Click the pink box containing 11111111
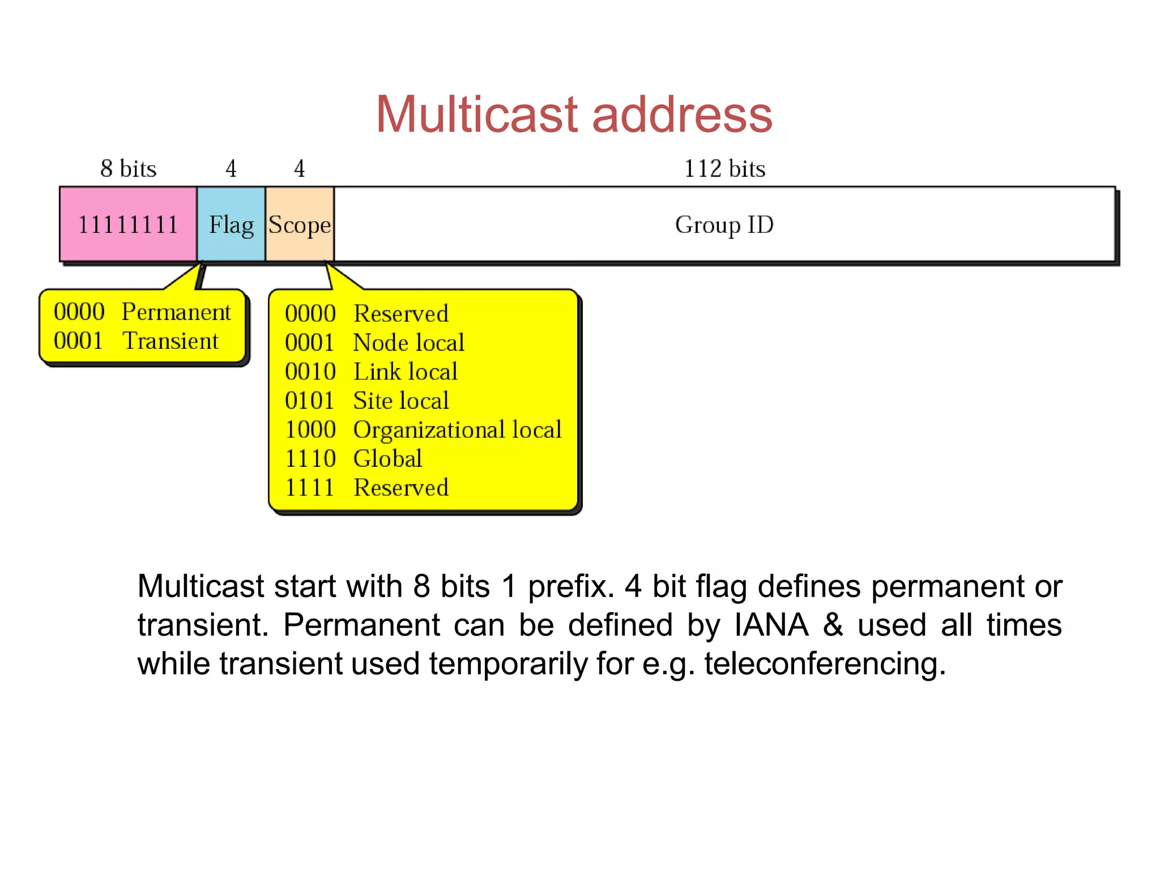pyautogui.click(x=128, y=224)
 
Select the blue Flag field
pyautogui.click(x=231, y=224)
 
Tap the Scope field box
pyautogui.click(x=300, y=224)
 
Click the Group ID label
pyautogui.click(x=724, y=225)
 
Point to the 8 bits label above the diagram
pyautogui.click(x=128, y=169)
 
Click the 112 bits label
pyautogui.click(x=724, y=169)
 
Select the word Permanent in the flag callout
pyautogui.click(x=176, y=312)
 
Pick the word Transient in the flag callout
pyautogui.click(x=170, y=341)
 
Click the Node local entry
pyautogui.click(x=408, y=343)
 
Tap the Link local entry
pyautogui.click(x=405, y=372)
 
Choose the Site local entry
pyautogui.click(x=401, y=400)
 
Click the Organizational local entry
pyautogui.click(x=457, y=430)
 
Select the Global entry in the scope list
pyautogui.click(x=387, y=459)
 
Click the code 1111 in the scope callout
pyautogui.click(x=310, y=488)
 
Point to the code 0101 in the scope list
pyautogui.click(x=310, y=400)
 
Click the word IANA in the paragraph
pyautogui.click(x=771, y=625)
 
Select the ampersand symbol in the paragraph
pyautogui.click(x=833, y=625)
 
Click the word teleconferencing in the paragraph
pyautogui.click(x=825, y=664)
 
